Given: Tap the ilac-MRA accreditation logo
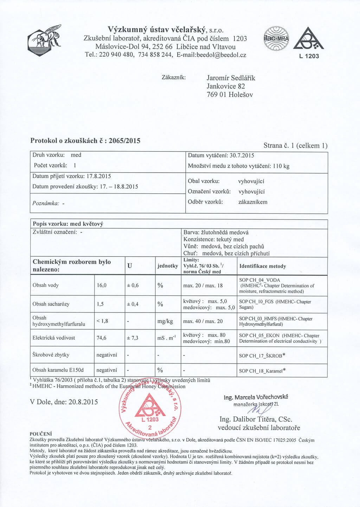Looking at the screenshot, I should click(x=276, y=39).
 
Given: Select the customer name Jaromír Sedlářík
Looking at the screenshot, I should click(x=231, y=78).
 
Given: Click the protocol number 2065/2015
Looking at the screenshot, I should click(x=124, y=141).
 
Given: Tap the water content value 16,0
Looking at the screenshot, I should click(x=101, y=285).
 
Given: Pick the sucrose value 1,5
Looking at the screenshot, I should click(x=100, y=304).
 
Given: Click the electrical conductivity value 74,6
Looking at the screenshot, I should click(x=101, y=338).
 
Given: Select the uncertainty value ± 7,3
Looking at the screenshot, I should click(x=133, y=338).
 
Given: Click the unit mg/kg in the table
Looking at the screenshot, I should click(x=165, y=321).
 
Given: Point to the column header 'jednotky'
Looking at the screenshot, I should click(x=167, y=266).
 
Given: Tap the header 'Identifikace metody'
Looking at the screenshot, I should click(x=262, y=266).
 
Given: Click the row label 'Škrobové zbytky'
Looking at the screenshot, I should click(x=51, y=355).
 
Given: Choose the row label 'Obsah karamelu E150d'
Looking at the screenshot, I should click(x=58, y=370).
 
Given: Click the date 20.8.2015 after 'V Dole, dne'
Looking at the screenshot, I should click(x=83, y=402).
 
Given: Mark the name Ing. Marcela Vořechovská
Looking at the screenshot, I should click(x=256, y=397).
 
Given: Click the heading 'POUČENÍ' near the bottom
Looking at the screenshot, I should click(x=41, y=434).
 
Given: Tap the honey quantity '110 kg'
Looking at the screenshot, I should click(x=281, y=166).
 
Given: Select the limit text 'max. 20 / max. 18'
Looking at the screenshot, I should click(x=203, y=285).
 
